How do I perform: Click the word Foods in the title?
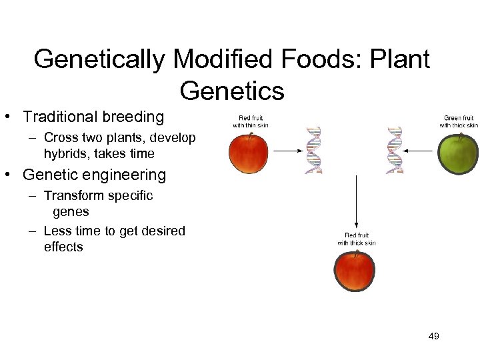click(x=313, y=59)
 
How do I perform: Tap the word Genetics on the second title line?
click(x=232, y=90)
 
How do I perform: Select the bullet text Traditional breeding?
click(x=93, y=117)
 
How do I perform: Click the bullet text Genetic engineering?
click(x=94, y=175)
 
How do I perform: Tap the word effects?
click(x=64, y=247)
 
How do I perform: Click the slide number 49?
click(x=433, y=336)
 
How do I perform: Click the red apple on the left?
click(x=248, y=153)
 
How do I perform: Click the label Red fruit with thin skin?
click(x=250, y=121)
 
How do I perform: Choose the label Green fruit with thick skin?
click(x=458, y=121)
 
